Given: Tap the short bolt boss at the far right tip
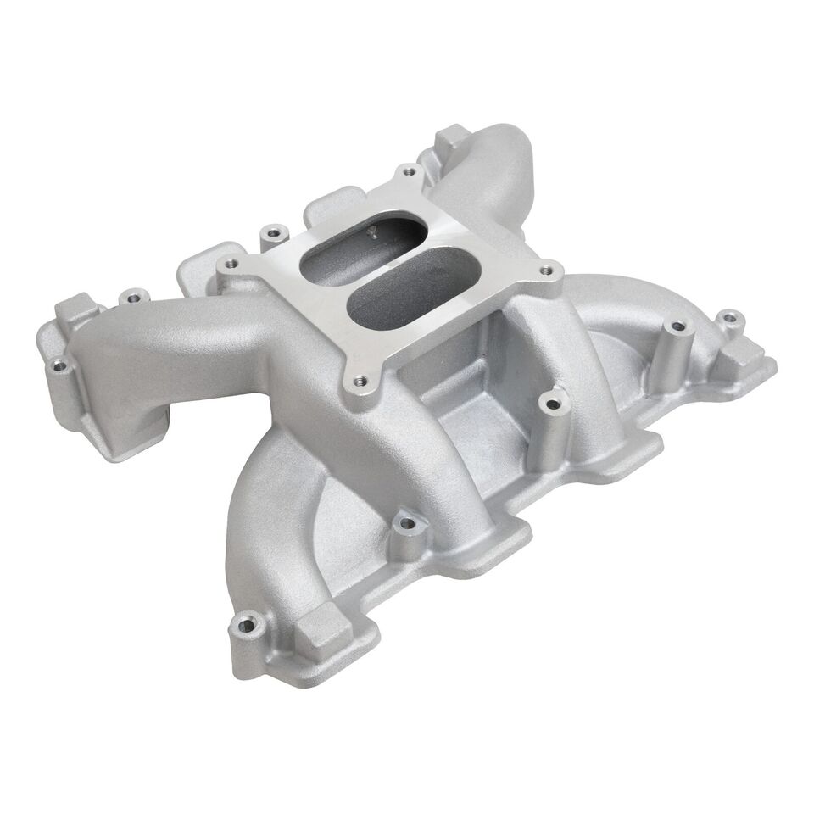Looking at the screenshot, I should coord(726,321).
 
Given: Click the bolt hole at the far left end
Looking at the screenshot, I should coord(59,366).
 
